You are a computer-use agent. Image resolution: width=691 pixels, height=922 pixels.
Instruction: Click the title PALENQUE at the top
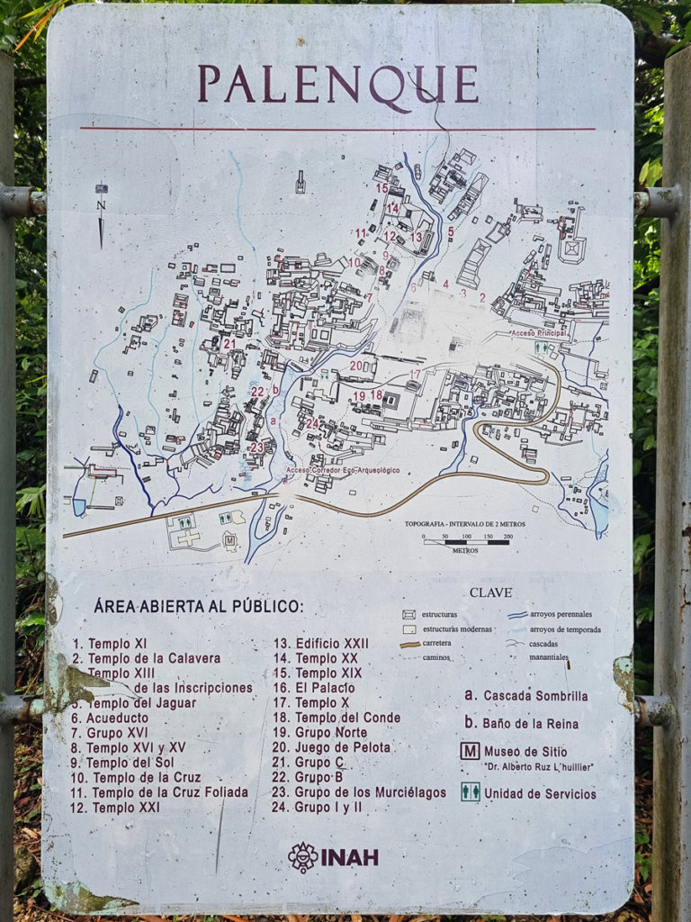[337, 84]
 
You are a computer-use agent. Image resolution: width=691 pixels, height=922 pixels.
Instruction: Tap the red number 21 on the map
[229, 343]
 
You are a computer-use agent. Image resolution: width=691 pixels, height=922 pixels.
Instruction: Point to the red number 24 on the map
[311, 423]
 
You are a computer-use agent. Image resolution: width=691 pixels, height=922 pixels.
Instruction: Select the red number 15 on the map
[382, 188]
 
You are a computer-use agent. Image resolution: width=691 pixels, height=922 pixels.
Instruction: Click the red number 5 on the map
[451, 231]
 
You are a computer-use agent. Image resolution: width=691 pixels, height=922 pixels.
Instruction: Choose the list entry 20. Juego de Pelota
[331, 747]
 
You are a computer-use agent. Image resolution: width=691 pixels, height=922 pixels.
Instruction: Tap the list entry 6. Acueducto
[113, 718]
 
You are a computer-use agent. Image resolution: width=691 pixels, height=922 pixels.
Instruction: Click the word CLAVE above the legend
[490, 592]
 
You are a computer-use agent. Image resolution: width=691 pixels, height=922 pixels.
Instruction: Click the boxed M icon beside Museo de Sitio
[470, 751]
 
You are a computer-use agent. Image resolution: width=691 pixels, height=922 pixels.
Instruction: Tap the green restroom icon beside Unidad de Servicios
[470, 791]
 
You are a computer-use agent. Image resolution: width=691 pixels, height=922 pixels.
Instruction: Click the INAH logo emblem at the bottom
[303, 856]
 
